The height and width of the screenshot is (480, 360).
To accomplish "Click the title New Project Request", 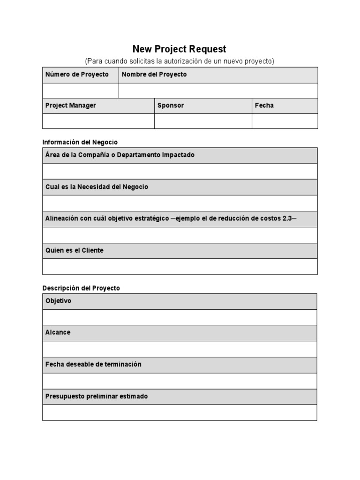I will click(x=180, y=49).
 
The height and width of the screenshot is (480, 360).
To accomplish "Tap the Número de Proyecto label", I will click(x=77, y=75).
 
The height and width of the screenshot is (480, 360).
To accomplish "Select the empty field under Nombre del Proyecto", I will click(x=218, y=90).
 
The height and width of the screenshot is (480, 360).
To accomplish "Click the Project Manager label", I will click(x=71, y=105).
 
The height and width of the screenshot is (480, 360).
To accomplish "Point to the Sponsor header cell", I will click(x=171, y=105).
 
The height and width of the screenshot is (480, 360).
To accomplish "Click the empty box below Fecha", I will click(x=285, y=121).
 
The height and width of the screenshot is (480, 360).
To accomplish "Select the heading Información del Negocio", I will click(x=80, y=142).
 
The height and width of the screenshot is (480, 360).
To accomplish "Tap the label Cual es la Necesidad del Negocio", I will click(x=97, y=187).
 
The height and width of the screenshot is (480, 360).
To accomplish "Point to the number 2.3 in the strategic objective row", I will click(x=287, y=219).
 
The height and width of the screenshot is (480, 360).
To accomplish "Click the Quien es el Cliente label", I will click(x=75, y=250).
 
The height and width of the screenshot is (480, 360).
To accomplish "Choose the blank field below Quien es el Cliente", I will click(x=180, y=266).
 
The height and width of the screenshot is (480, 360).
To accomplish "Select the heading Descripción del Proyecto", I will click(x=81, y=288).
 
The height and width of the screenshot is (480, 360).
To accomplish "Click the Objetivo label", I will click(x=59, y=301).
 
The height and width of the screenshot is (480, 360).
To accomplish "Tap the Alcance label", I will click(x=58, y=332).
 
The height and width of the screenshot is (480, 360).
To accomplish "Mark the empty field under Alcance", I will click(x=180, y=349).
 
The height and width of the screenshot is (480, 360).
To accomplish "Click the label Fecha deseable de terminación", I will click(x=93, y=364).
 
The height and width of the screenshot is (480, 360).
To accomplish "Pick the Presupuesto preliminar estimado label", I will click(x=97, y=396).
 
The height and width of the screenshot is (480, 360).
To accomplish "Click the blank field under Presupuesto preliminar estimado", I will click(x=180, y=412).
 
